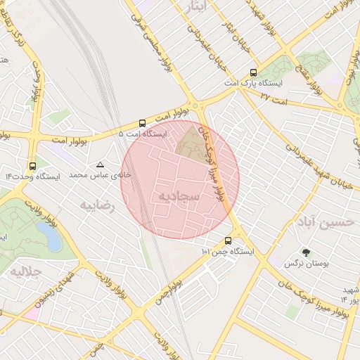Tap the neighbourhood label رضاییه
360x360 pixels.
pyautogui.click(x=97, y=206)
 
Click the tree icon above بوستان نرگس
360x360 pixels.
pyautogui.click(x=306, y=252)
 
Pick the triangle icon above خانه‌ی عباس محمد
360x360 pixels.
pyautogui.click(x=100, y=165)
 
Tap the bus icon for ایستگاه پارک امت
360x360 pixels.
pyautogui.click(x=253, y=72)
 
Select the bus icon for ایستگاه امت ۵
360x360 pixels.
pyautogui.click(x=143, y=122)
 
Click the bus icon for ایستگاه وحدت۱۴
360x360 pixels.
pyautogui.click(x=32, y=167)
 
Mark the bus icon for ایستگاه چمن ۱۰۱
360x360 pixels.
pyautogui.click(x=227, y=240)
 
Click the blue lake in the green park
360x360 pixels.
pyautogui.click(x=53, y=240)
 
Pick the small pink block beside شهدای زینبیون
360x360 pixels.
pyautogui.click(x=31, y=314)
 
